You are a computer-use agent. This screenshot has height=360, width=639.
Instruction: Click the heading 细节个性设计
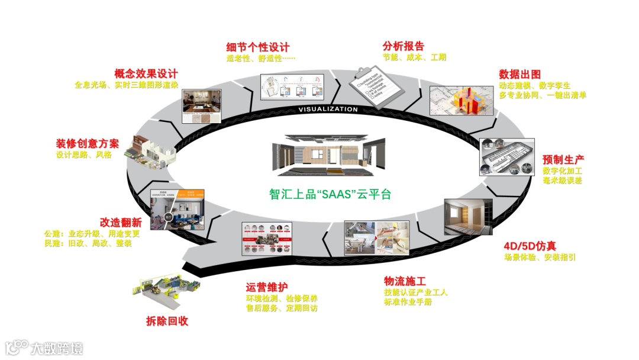(258, 46)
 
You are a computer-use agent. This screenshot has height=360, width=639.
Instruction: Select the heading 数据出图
(519, 74)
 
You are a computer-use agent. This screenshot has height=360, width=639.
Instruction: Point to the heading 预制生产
(563, 160)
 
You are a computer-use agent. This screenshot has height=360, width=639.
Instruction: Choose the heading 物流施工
(405, 281)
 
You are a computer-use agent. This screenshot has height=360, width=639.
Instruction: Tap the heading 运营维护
(266, 287)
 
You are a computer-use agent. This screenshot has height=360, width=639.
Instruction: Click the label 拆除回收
(167, 322)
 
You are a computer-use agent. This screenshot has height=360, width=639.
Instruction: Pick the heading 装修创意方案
(88, 144)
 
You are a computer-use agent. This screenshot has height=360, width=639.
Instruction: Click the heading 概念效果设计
(146, 74)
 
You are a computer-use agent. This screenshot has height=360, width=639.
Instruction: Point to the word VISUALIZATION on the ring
(328, 110)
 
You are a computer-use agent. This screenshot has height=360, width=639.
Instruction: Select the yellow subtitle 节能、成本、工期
(414, 57)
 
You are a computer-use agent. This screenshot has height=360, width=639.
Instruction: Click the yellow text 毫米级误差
(562, 181)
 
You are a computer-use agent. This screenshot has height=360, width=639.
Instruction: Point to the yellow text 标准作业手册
(408, 302)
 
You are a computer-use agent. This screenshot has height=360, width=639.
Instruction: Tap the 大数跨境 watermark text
(57, 348)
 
